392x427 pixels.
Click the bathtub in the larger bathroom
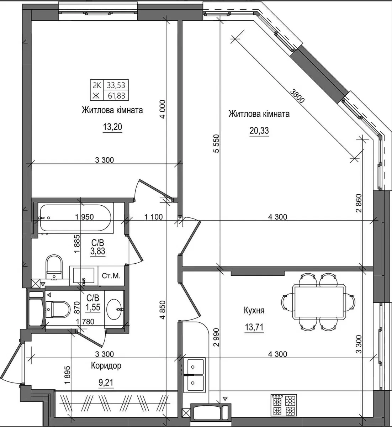75,218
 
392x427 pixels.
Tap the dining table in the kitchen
319,302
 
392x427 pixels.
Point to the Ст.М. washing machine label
111,276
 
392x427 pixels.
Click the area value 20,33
259,130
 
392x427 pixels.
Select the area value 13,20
112,127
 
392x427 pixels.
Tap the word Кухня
254,311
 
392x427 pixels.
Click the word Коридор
106,366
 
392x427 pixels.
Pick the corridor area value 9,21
106,383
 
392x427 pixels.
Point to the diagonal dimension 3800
297,96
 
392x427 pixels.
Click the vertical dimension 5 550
216,143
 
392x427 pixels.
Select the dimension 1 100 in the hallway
153,217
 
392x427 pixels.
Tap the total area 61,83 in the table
116,96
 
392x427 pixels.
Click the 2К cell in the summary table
97,85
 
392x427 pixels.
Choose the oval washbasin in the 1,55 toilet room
115,309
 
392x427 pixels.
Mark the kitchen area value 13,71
254,327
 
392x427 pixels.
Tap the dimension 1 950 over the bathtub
85,217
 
